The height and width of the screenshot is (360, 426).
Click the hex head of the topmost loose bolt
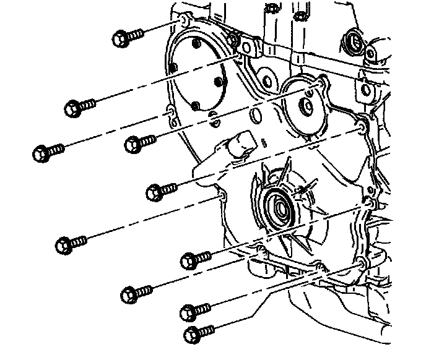[121, 38]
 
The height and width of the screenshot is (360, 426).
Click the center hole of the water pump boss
[306, 106]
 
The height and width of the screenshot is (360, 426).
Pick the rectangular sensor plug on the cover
[242, 144]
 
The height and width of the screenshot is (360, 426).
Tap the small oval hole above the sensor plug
[255, 116]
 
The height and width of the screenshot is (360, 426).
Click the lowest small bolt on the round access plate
[195, 106]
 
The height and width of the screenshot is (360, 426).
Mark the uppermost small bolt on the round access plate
[196, 44]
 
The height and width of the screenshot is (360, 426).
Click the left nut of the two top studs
[272, 9]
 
